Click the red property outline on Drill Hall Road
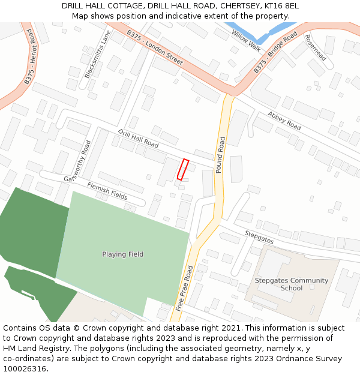pos(183,169)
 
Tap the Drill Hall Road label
pos(138,139)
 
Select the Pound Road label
pos(220,155)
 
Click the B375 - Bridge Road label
pos(275,53)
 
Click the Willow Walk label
pos(246,40)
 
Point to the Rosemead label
pos(316,47)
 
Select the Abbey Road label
pos(284,121)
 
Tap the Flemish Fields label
pos(107,191)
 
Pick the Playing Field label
pos(122,254)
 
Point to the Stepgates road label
pos(259,236)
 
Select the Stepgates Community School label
pos(292,284)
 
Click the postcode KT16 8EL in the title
pos(282,6)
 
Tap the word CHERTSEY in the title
pos(236,6)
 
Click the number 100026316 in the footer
pos(24,368)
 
